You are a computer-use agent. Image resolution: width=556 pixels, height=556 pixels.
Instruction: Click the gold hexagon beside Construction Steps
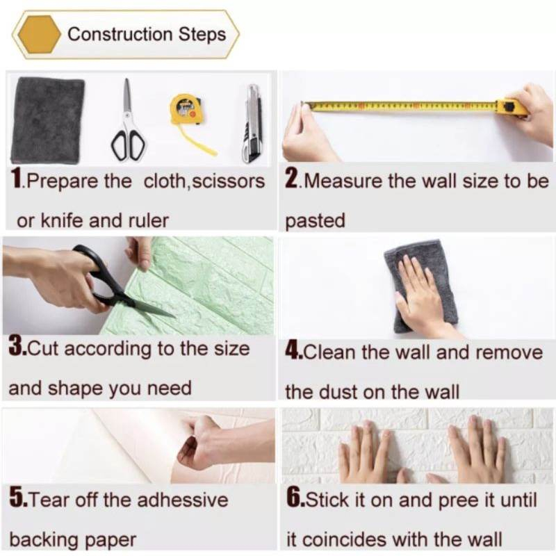[40, 34]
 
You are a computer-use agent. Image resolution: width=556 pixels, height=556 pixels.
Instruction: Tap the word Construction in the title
[120, 34]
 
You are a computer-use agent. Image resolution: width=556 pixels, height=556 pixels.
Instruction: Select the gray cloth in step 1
[48, 120]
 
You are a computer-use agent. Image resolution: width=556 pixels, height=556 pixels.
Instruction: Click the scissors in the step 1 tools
[128, 120]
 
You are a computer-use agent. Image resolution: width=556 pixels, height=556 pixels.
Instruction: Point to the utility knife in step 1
[253, 124]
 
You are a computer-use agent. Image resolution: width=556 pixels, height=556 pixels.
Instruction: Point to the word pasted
[315, 221]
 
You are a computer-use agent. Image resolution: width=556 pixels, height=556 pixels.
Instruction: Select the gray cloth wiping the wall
[421, 286]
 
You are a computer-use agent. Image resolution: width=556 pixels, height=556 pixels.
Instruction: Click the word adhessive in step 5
[182, 500]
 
